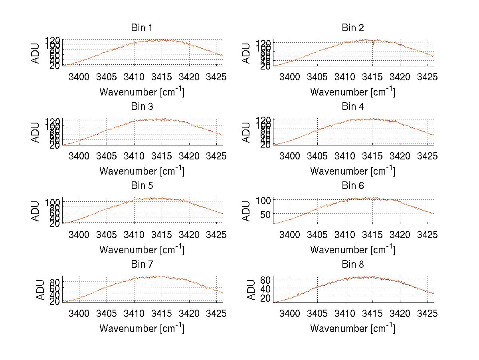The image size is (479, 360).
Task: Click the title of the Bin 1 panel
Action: click(x=142, y=28)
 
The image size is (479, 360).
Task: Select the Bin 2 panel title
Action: click(x=353, y=28)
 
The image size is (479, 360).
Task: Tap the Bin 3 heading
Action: click(x=142, y=107)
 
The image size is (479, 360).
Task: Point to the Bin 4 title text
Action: click(x=353, y=107)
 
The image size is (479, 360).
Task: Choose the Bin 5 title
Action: click(x=142, y=186)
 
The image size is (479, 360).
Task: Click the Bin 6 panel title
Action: click(x=353, y=186)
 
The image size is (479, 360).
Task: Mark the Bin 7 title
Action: click(x=142, y=265)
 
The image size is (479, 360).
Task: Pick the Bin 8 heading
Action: click(x=353, y=265)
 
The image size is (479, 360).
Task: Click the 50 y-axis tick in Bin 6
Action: click(x=265, y=214)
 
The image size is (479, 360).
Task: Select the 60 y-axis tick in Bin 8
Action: click(x=265, y=279)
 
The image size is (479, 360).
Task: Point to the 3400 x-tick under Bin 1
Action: click(x=79, y=77)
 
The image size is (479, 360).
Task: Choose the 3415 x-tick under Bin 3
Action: click(x=162, y=156)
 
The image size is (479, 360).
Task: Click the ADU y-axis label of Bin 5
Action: click(x=36, y=211)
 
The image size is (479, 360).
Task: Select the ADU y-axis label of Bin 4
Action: click(x=247, y=132)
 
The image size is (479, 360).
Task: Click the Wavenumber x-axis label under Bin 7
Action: click(x=142, y=328)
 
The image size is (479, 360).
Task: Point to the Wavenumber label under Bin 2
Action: click(x=353, y=91)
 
